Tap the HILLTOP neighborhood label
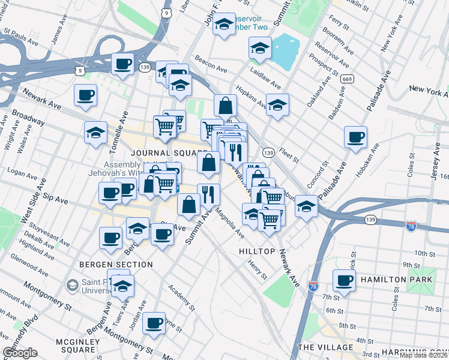[257, 251]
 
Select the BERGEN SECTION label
[116, 264]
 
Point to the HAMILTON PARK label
[396, 280]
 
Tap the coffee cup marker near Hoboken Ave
[356, 137]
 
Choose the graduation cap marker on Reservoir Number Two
[224, 25]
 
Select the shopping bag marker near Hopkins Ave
[225, 106]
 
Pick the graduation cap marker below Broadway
[95, 133]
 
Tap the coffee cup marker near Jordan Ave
[154, 322]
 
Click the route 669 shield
[347, 79]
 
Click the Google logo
[20, 353]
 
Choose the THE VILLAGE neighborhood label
[325, 347]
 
